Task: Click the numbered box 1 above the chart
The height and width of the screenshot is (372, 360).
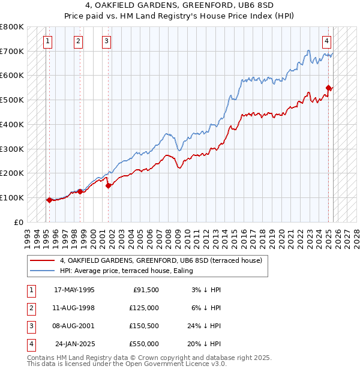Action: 47,41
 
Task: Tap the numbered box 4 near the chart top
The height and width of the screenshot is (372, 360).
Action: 326,41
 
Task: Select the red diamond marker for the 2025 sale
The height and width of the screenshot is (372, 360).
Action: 329,88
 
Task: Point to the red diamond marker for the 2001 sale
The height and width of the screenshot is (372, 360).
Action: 109,185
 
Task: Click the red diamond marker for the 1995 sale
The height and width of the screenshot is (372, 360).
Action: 49,200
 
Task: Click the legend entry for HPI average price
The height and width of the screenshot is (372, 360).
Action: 126,271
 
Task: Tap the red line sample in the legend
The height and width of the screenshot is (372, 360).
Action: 42,261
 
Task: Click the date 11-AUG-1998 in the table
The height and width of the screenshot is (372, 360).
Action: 74,308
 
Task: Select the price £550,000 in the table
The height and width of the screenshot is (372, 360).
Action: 144,344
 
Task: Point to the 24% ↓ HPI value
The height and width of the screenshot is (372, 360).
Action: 203,326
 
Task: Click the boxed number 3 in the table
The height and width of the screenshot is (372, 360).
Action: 31,326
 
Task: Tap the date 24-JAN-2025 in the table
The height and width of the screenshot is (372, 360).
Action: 74,344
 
